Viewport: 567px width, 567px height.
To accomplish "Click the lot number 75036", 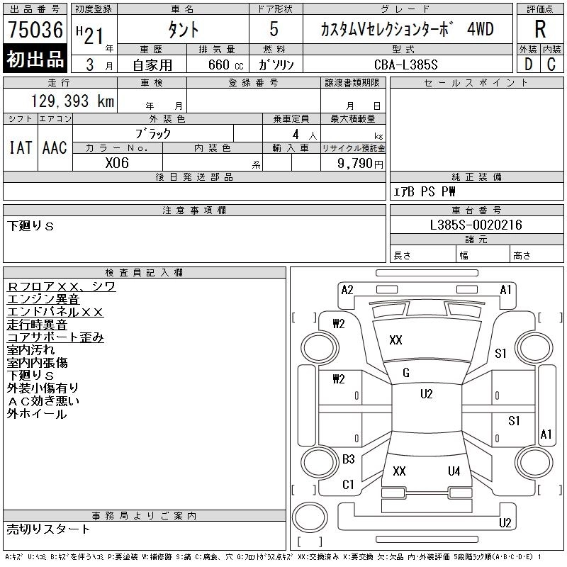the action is click(x=35, y=30).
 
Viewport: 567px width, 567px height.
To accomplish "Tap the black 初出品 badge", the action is click(x=35, y=60).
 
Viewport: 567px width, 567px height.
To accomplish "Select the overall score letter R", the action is click(x=541, y=30).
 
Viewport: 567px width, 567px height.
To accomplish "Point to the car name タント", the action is click(x=182, y=30).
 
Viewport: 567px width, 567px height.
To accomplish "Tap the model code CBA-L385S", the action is click(x=406, y=64).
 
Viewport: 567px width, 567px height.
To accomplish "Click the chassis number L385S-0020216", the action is click(x=476, y=225).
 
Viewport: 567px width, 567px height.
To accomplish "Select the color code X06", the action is click(x=117, y=162).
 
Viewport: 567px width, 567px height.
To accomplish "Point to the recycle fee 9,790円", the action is click(x=361, y=163).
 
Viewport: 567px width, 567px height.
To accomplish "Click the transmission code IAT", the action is click(x=20, y=147).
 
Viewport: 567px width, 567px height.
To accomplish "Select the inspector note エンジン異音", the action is click(x=43, y=300).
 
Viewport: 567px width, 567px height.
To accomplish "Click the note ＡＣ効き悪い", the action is click(x=43, y=401).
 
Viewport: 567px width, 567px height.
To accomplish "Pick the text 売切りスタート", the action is click(x=49, y=529).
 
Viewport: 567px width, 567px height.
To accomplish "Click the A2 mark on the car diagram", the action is click(x=347, y=289).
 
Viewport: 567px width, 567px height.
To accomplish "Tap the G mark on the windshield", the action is click(x=405, y=373).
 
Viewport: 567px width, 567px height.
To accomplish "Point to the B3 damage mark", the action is click(x=348, y=459).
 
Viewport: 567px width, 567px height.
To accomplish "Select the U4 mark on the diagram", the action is click(x=454, y=471).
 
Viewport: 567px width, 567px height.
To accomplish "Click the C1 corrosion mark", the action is click(x=348, y=485).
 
